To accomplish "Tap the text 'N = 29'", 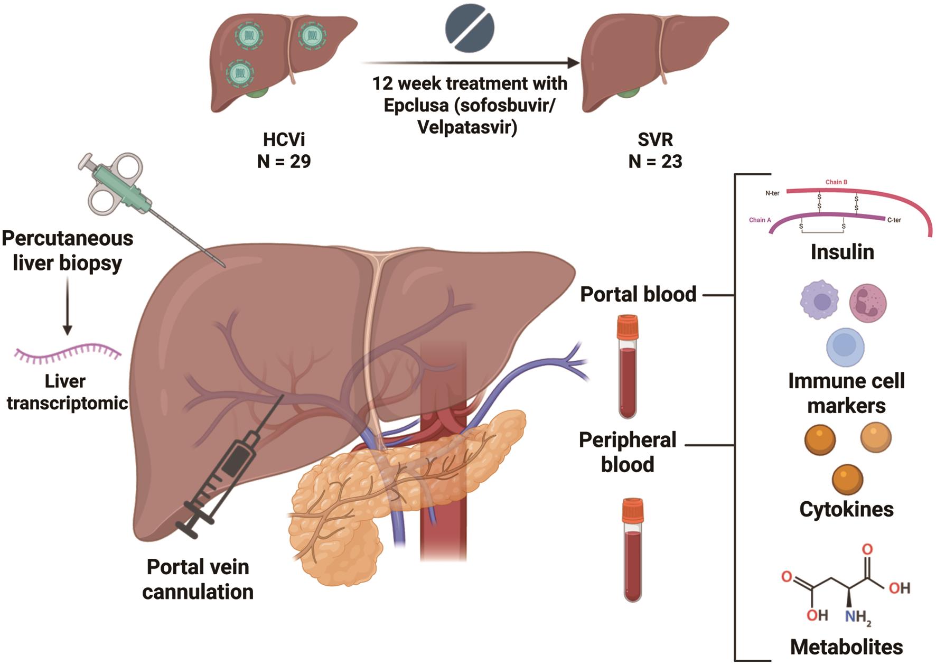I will point(284,161).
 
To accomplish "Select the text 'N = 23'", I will point(655,161).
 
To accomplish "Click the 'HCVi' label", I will point(284,139).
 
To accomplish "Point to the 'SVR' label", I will point(655,139).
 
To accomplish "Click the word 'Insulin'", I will point(842,252).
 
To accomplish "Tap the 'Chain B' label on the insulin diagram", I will point(836,182).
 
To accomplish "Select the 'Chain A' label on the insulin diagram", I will point(760,220).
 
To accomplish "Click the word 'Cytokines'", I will point(846,509).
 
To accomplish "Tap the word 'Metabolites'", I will point(846,647).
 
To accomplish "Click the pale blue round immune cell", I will point(845,347).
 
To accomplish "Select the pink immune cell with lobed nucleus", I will point(867,303).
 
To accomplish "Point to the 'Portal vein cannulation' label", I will point(198,579).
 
